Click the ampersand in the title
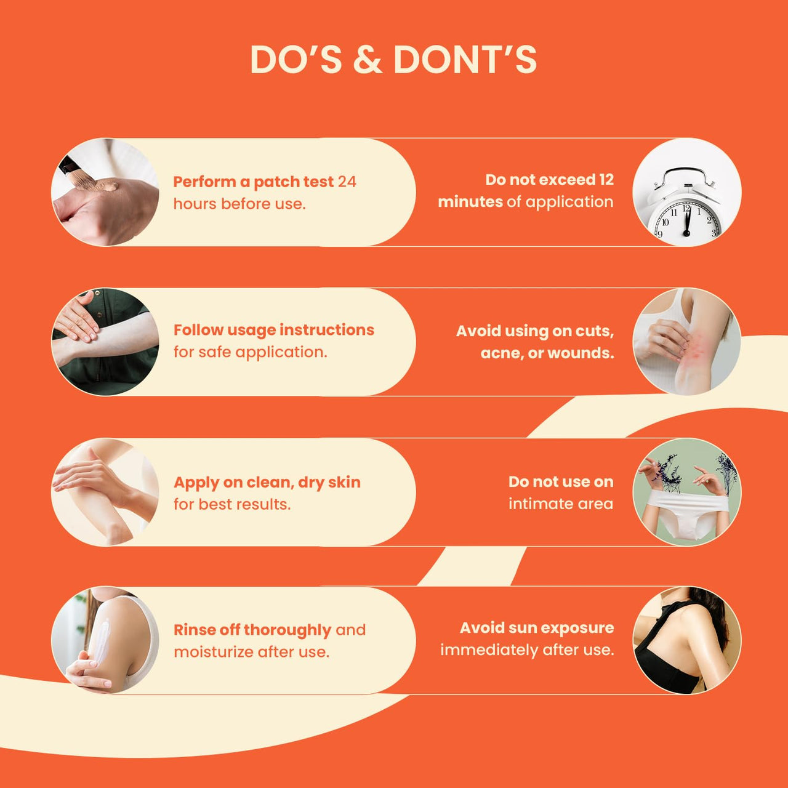click(x=367, y=59)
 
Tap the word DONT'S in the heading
click(x=465, y=59)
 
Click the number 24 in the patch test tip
click(x=347, y=182)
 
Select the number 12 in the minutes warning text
click(x=606, y=180)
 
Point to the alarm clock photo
click(x=686, y=192)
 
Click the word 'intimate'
click(x=539, y=504)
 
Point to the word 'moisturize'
click(x=213, y=652)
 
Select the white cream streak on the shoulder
click(x=101, y=641)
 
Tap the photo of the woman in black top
click(x=686, y=640)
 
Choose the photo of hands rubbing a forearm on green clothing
click(x=105, y=342)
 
